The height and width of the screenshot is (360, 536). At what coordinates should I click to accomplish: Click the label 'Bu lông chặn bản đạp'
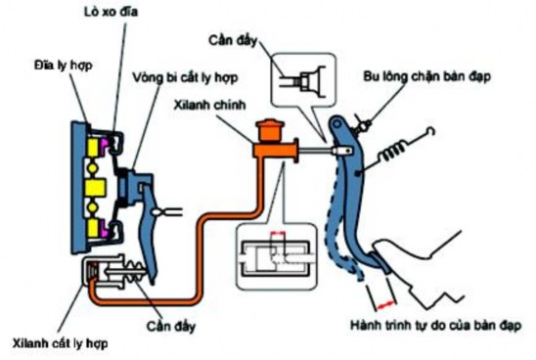438,73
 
